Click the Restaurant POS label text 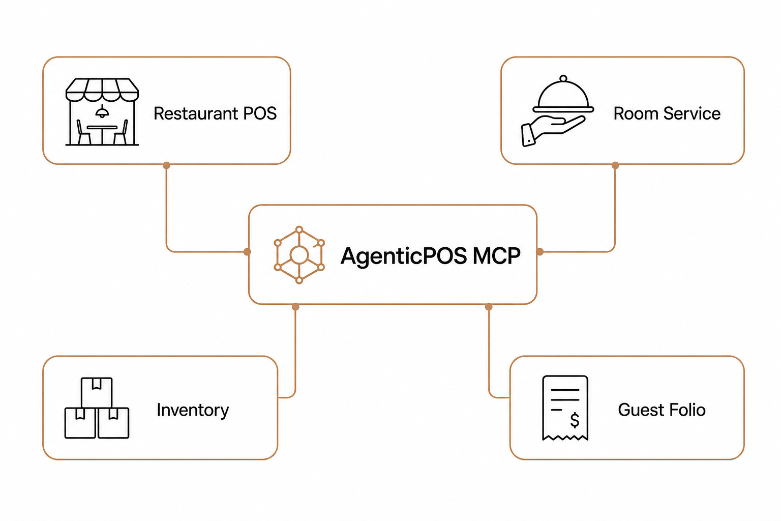[215, 113]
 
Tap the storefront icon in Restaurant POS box [102, 111]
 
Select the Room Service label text [667, 113]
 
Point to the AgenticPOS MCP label [430, 256]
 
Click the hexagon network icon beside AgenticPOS [299, 255]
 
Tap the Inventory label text [193, 410]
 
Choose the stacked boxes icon [97, 408]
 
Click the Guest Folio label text [662, 410]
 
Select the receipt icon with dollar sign [565, 408]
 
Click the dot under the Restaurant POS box [166, 165]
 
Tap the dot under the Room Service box [615, 165]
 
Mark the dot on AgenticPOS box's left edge [247, 252]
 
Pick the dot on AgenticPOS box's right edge [539, 252]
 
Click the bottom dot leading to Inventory [295, 307]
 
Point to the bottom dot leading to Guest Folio [489, 307]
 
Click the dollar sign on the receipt [575, 420]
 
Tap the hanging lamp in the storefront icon [102, 111]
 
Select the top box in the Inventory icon [97, 393]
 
